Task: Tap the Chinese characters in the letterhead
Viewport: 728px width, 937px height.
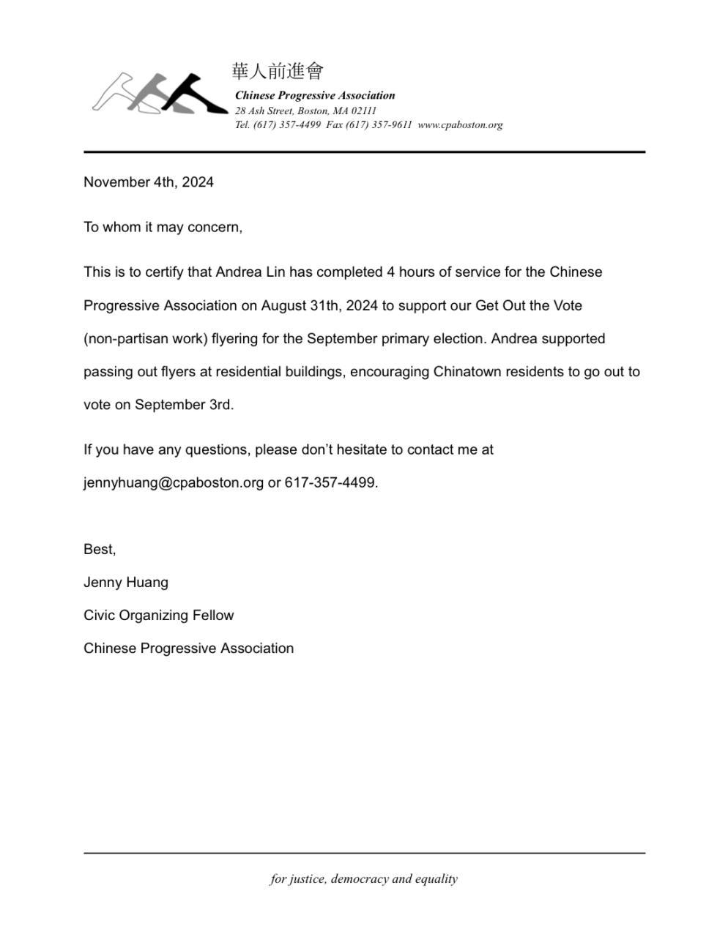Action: pos(278,71)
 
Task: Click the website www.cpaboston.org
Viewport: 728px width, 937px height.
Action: pos(460,124)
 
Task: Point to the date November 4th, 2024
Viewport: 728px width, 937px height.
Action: pos(149,182)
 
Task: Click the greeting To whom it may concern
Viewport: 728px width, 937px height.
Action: pos(163,227)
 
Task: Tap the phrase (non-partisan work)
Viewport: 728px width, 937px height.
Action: pos(146,339)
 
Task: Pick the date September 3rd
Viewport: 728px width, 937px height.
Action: pos(183,405)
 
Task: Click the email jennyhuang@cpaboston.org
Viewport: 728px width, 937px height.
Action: pos(174,483)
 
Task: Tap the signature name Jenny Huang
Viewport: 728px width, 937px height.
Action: pos(126,583)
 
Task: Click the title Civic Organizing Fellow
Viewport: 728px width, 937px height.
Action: pos(159,616)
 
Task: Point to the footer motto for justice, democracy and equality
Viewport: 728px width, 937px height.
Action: pos(364,879)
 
